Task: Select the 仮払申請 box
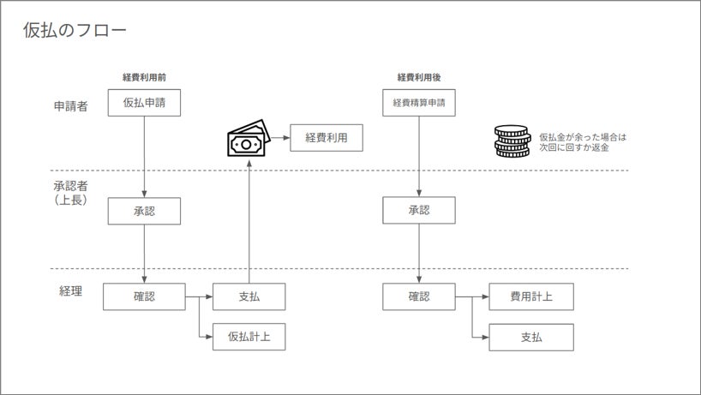144,103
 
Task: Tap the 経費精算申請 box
418,103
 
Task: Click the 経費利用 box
327,137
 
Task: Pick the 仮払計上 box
249,337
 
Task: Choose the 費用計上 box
530,296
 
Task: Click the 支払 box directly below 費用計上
530,337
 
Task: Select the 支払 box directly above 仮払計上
249,296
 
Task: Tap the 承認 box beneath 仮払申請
144,211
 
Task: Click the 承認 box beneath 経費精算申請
418,211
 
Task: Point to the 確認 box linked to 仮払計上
144,296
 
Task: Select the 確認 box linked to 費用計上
418,296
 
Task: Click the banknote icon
247,141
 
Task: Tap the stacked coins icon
512,141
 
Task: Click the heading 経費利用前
144,77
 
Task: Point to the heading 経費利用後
418,77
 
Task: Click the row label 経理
70,291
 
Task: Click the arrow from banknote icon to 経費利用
280,138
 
